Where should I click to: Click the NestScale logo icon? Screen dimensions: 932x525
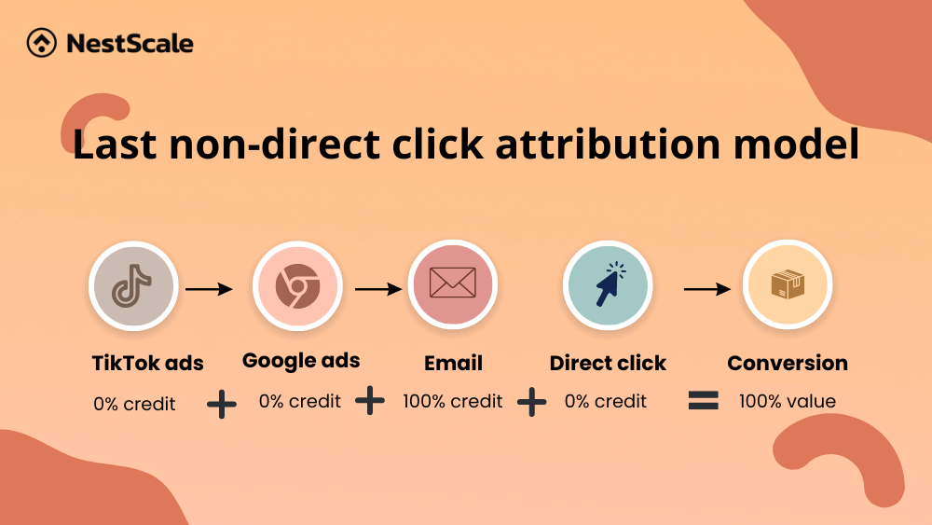42,43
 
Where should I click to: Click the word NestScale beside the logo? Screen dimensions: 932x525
130,44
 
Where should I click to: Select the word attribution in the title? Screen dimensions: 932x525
608,144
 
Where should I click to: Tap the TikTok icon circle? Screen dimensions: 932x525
133,286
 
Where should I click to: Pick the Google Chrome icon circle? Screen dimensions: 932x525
297,286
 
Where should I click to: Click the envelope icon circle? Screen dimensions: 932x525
452,284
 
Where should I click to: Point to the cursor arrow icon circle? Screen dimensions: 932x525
608,284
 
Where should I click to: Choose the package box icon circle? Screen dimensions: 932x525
788,284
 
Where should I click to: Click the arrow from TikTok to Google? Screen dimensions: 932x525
209,289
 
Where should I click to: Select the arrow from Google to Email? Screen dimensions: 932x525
378,289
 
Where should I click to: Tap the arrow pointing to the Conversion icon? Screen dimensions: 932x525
707,289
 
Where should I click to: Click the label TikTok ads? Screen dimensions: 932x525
148,363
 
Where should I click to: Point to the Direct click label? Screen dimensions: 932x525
608,363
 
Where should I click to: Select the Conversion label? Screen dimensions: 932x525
788,363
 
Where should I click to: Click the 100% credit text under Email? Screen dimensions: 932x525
453,401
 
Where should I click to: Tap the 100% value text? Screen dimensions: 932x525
788,401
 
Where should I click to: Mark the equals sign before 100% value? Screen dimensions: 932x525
703,400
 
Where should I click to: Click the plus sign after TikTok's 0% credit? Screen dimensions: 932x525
222,405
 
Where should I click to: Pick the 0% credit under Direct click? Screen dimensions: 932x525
606,401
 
